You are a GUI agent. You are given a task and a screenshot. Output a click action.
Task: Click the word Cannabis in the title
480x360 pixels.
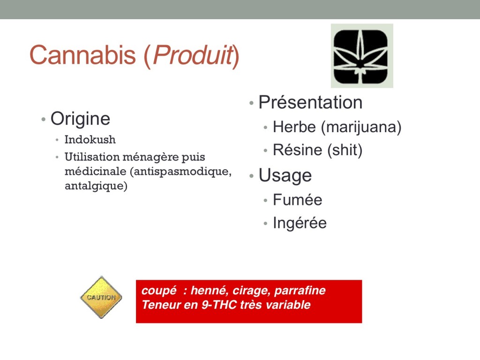point(82,55)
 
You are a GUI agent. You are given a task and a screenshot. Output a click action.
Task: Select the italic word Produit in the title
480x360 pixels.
point(193,55)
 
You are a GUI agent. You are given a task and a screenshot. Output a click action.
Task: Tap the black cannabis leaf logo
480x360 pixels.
point(362,56)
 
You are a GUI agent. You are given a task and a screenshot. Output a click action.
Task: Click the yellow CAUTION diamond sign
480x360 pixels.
point(101,297)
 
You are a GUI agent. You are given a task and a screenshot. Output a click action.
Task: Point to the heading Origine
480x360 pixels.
point(80,119)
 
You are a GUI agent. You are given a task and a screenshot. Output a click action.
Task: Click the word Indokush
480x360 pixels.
point(90,140)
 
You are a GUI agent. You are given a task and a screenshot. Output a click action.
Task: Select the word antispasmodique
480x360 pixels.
point(180,172)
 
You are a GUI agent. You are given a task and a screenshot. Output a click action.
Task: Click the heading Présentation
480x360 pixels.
point(310,102)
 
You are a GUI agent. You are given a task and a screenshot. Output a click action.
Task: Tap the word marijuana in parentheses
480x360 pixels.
point(361,127)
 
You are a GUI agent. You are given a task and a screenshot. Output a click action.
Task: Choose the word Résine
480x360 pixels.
point(298,150)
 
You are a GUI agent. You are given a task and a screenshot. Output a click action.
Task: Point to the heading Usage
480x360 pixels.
point(285,176)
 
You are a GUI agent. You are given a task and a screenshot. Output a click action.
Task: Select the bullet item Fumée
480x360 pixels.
point(298,200)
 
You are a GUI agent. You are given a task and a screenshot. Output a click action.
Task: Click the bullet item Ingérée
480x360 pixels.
point(300,223)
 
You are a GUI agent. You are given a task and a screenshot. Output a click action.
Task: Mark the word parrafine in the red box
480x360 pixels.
point(300,291)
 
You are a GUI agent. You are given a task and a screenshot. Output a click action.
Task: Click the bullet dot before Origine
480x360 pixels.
point(44,119)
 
